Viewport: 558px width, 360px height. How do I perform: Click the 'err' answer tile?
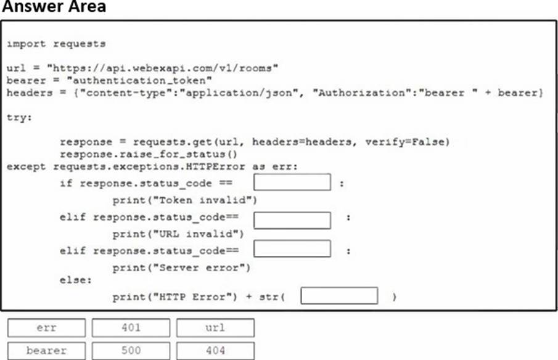point(47,327)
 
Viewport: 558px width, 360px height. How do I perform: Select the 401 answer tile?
point(131,327)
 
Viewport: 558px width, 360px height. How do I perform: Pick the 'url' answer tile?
point(215,327)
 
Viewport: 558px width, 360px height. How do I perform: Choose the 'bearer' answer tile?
point(47,351)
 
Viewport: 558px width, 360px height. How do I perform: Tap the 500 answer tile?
point(131,351)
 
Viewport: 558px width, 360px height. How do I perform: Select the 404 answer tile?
point(215,351)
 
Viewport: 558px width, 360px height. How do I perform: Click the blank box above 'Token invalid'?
point(292,182)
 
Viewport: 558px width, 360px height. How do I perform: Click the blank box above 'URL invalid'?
point(292,220)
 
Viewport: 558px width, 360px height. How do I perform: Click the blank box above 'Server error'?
point(292,248)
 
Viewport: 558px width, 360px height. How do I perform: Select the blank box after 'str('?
point(339,296)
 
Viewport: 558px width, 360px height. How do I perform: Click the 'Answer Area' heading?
point(54,6)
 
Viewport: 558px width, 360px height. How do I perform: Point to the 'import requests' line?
point(56,44)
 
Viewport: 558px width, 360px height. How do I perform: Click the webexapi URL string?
point(163,68)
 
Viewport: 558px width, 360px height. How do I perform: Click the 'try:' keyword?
point(19,117)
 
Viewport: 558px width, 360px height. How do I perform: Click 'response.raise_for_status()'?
point(149,154)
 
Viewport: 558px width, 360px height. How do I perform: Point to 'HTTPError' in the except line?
point(215,167)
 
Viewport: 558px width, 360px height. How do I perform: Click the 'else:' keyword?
point(75,280)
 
